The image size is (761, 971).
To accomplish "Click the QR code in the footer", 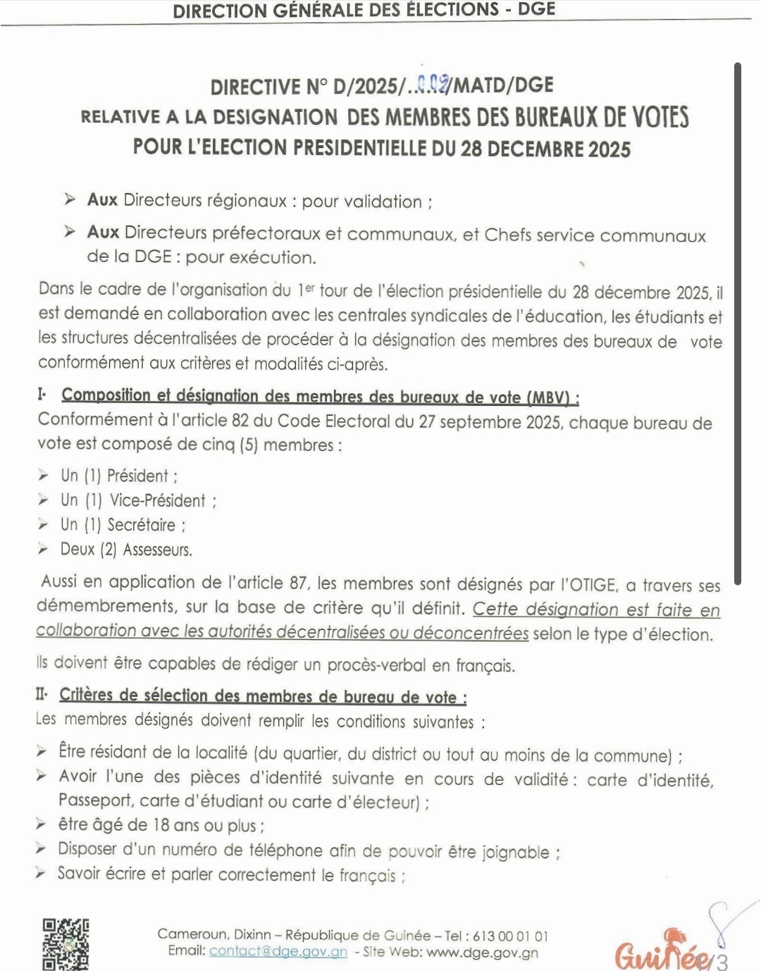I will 66,944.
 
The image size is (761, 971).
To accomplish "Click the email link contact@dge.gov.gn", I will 278,952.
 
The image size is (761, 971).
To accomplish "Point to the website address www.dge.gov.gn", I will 482,953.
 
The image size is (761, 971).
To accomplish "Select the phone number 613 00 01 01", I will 510,936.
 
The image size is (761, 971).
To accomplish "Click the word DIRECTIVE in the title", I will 255,87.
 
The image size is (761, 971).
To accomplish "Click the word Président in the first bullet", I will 137,476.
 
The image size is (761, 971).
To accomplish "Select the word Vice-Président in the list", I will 157,500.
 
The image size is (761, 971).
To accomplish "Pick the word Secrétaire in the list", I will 141,525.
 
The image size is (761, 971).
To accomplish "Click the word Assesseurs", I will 156,550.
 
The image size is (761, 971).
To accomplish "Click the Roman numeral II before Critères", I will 41,695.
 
